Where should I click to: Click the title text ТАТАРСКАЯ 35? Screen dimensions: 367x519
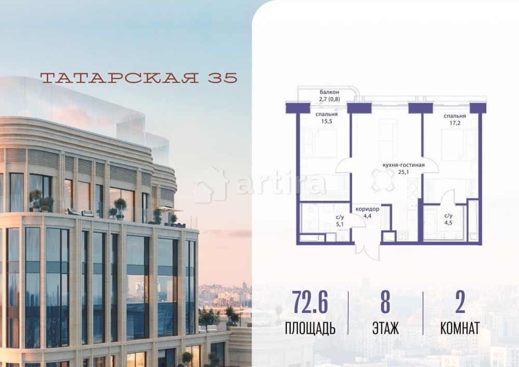point(139,78)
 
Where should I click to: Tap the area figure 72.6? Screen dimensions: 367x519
point(310,303)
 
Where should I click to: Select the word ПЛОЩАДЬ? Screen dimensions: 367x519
point(310,329)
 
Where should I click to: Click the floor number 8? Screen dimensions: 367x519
point(385,303)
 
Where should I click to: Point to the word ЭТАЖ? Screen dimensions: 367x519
point(385,329)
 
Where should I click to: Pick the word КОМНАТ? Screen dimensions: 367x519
point(459,329)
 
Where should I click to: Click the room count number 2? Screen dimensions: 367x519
point(459,303)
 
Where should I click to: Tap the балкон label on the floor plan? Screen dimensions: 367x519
point(329,92)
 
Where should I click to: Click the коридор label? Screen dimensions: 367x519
point(367,209)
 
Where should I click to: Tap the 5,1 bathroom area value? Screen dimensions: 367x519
point(340,224)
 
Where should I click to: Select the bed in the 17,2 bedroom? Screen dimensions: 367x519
point(457,145)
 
